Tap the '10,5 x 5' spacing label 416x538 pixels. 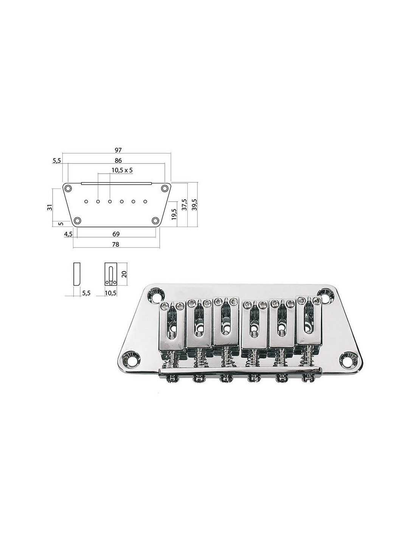122,170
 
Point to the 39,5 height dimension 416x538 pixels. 195,205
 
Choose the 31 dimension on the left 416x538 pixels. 50,207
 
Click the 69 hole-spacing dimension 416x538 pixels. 116,234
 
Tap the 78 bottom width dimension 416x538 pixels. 116,244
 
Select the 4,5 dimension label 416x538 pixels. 68,234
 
